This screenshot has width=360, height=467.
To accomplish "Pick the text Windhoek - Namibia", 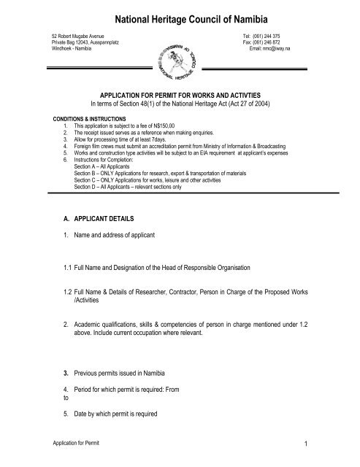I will coord(71,48).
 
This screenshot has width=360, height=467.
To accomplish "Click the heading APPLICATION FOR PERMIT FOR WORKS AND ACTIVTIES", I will coord(180,104).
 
